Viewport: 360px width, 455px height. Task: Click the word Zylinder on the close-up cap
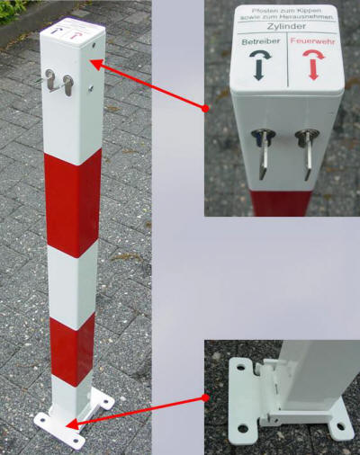(287, 28)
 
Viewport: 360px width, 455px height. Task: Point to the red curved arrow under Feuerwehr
(314, 65)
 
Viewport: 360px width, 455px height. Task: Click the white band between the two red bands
(73, 282)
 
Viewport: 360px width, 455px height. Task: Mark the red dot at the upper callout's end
(205, 109)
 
